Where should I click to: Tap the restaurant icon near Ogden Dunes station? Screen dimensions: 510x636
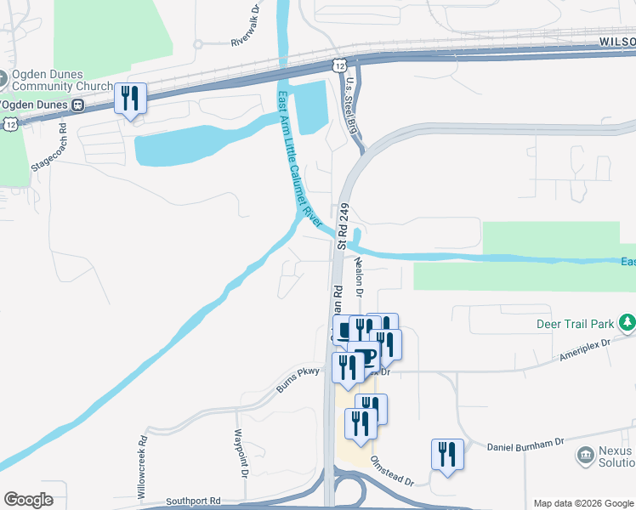pos(130,99)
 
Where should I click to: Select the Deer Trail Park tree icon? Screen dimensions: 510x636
pos(627,323)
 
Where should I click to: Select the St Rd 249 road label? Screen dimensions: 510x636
pos(344,225)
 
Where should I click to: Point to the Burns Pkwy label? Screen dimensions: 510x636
pos(296,379)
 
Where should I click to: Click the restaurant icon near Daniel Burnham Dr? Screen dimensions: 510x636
pos(447,454)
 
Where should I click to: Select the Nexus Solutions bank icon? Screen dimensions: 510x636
pos(585,455)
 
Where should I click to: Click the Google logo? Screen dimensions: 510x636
pos(28,500)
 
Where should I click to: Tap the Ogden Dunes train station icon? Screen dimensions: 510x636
pos(77,105)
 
